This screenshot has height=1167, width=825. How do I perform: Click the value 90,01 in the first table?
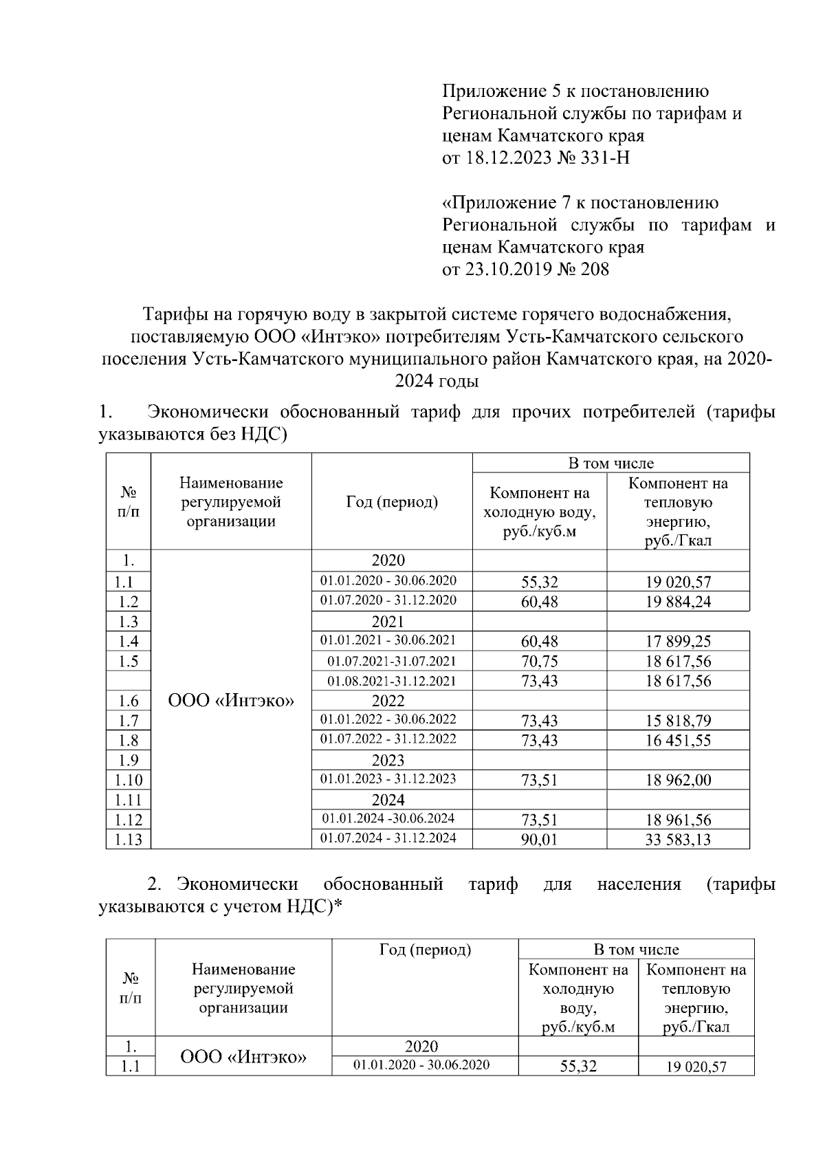point(539,839)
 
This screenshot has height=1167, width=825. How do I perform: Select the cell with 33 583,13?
point(677,839)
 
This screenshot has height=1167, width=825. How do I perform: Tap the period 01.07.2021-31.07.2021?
point(391,662)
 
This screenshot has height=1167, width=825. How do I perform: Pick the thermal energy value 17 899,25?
point(677,642)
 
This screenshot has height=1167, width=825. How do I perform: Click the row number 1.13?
point(128,840)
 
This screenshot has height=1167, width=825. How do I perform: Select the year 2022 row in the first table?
point(388,701)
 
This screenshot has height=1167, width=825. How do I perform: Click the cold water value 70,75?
point(539,662)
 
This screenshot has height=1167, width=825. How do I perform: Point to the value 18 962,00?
point(677,780)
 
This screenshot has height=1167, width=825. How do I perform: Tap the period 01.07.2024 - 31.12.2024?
point(388,838)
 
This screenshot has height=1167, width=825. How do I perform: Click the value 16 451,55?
point(677,741)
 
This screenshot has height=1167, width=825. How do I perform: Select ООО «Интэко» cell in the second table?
point(243,1056)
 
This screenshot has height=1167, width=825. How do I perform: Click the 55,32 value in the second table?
point(578,1067)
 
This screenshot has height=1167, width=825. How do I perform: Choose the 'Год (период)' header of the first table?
point(391,502)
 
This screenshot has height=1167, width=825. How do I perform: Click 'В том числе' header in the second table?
point(636,950)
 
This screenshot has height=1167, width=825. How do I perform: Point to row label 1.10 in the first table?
point(128,780)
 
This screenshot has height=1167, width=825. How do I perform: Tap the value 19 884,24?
point(677,602)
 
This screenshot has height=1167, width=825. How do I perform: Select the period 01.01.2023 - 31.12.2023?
point(388,779)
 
